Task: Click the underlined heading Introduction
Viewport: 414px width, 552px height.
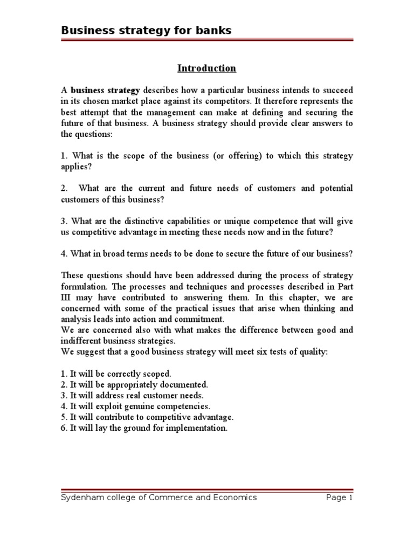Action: pyautogui.click(x=207, y=68)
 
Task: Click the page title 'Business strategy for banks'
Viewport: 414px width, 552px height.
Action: pyautogui.click(x=146, y=31)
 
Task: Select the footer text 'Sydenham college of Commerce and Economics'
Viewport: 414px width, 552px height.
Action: pyautogui.click(x=158, y=498)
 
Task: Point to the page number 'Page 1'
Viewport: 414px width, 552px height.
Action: pyautogui.click(x=339, y=498)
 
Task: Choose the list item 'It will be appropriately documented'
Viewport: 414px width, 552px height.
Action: pyautogui.click(x=134, y=385)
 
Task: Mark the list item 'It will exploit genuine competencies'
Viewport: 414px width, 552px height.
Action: pyautogui.click(x=135, y=406)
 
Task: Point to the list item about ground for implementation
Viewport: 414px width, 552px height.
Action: pyautogui.click(x=144, y=429)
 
